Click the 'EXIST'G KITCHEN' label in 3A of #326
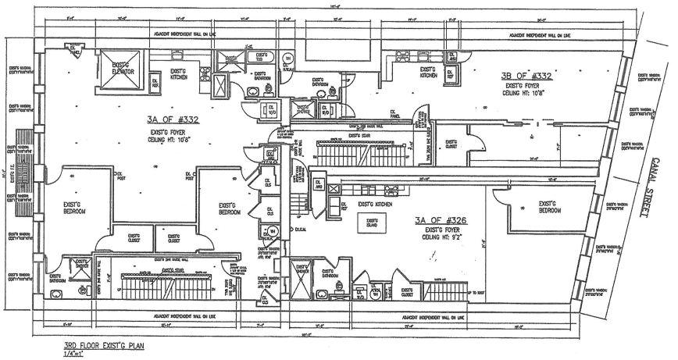pos(374,205)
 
